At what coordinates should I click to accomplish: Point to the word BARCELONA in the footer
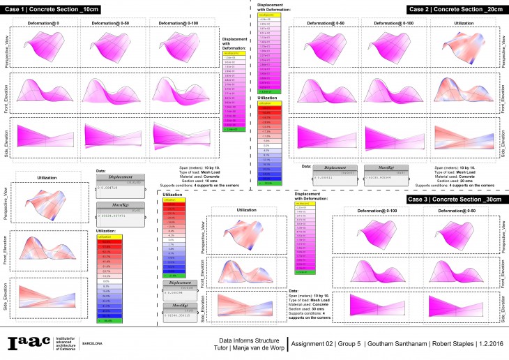(x=93, y=343)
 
